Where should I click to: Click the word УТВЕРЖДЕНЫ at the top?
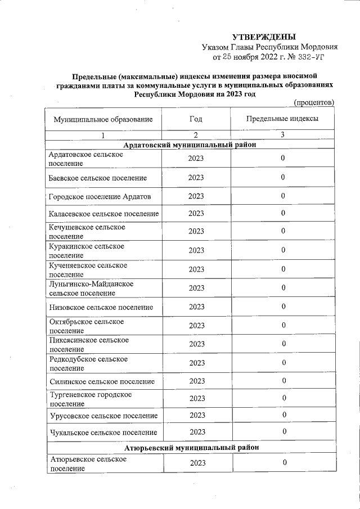263,37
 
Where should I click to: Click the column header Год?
196,119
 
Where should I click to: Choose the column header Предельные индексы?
282,119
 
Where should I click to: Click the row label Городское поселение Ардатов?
100,196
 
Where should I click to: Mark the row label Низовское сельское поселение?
101,307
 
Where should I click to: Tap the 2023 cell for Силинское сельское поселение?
196,381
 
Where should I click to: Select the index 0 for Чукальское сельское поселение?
283,432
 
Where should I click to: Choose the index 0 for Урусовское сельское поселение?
283,415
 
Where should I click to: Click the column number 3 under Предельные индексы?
282,136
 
